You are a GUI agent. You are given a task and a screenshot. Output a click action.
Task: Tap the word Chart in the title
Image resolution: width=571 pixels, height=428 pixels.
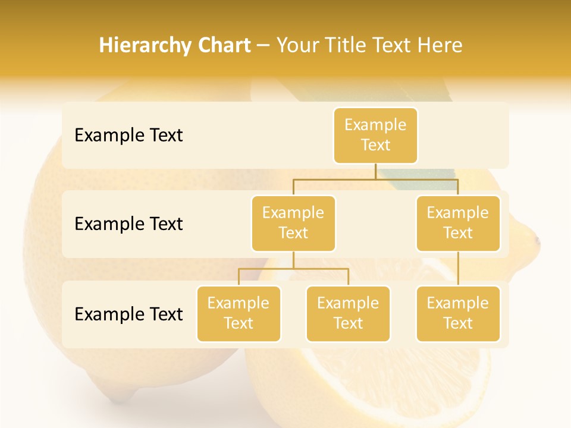pyautogui.click(x=221, y=46)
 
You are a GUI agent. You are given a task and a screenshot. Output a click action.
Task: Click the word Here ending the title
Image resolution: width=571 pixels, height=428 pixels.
pyautogui.click(x=440, y=46)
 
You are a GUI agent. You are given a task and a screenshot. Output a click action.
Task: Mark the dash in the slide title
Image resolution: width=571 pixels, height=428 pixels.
pyautogui.click(x=263, y=46)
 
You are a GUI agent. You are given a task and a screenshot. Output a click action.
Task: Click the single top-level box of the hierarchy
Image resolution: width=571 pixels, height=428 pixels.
pyautogui.click(x=375, y=135)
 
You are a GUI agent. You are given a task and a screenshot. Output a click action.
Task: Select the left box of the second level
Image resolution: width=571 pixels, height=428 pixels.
pyautogui.click(x=293, y=223)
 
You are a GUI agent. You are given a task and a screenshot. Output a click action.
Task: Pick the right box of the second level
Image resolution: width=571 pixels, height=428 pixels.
pyautogui.click(x=458, y=223)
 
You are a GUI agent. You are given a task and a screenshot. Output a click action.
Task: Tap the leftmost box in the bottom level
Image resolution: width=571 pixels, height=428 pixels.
pyautogui.click(x=239, y=313)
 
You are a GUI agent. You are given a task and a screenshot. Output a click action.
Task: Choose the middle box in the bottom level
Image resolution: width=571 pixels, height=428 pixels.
pyautogui.click(x=348, y=313)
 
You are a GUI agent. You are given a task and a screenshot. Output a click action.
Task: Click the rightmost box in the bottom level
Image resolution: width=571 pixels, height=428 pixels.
pyautogui.click(x=458, y=313)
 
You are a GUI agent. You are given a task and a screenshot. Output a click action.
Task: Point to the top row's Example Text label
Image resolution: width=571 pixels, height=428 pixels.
pyautogui.click(x=128, y=136)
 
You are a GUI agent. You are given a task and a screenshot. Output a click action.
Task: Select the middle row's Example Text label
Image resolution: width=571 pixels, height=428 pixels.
pyautogui.click(x=128, y=224)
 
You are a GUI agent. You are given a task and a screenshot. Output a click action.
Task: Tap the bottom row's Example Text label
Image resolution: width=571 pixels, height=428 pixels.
pyautogui.click(x=128, y=314)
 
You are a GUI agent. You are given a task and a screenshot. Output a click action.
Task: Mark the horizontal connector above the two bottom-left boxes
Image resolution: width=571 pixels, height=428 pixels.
pyautogui.click(x=293, y=269)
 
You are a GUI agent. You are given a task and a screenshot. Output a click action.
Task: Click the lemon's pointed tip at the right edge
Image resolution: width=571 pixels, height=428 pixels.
pyautogui.click(x=537, y=240)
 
